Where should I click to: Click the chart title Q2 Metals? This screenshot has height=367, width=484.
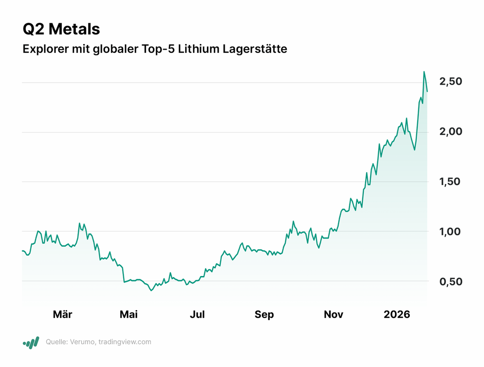(x=61, y=29)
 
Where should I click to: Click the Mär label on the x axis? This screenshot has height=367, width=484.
(x=62, y=315)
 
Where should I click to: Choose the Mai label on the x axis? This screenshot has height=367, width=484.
(x=128, y=315)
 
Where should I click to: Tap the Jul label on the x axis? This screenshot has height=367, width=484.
(x=197, y=315)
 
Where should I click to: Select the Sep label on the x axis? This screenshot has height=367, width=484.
(x=264, y=315)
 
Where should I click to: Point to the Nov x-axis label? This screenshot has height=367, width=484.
(x=334, y=315)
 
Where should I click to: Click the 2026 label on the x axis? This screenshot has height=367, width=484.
(x=397, y=315)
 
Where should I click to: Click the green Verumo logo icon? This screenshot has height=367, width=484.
(x=31, y=342)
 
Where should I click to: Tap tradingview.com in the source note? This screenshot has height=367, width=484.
(x=125, y=342)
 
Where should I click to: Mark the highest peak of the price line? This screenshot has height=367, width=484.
(x=424, y=72)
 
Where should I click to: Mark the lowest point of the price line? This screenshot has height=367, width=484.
(x=151, y=290)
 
